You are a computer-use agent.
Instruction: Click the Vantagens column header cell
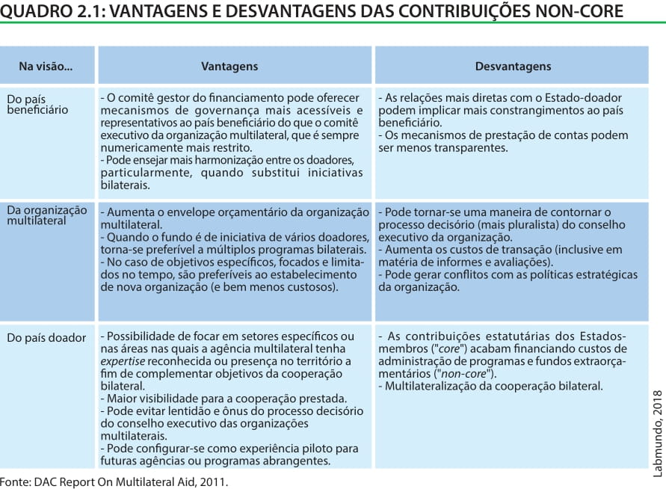(x=229, y=67)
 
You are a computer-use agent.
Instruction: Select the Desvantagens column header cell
(x=513, y=67)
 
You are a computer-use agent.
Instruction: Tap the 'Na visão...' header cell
(x=46, y=67)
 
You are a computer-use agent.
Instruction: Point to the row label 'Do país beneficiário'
(x=37, y=104)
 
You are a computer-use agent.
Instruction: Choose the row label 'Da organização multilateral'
(x=46, y=215)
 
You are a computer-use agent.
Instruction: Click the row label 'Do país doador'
(x=46, y=338)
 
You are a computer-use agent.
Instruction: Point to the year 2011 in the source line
(x=214, y=482)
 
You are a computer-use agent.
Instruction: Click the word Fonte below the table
(x=15, y=482)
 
